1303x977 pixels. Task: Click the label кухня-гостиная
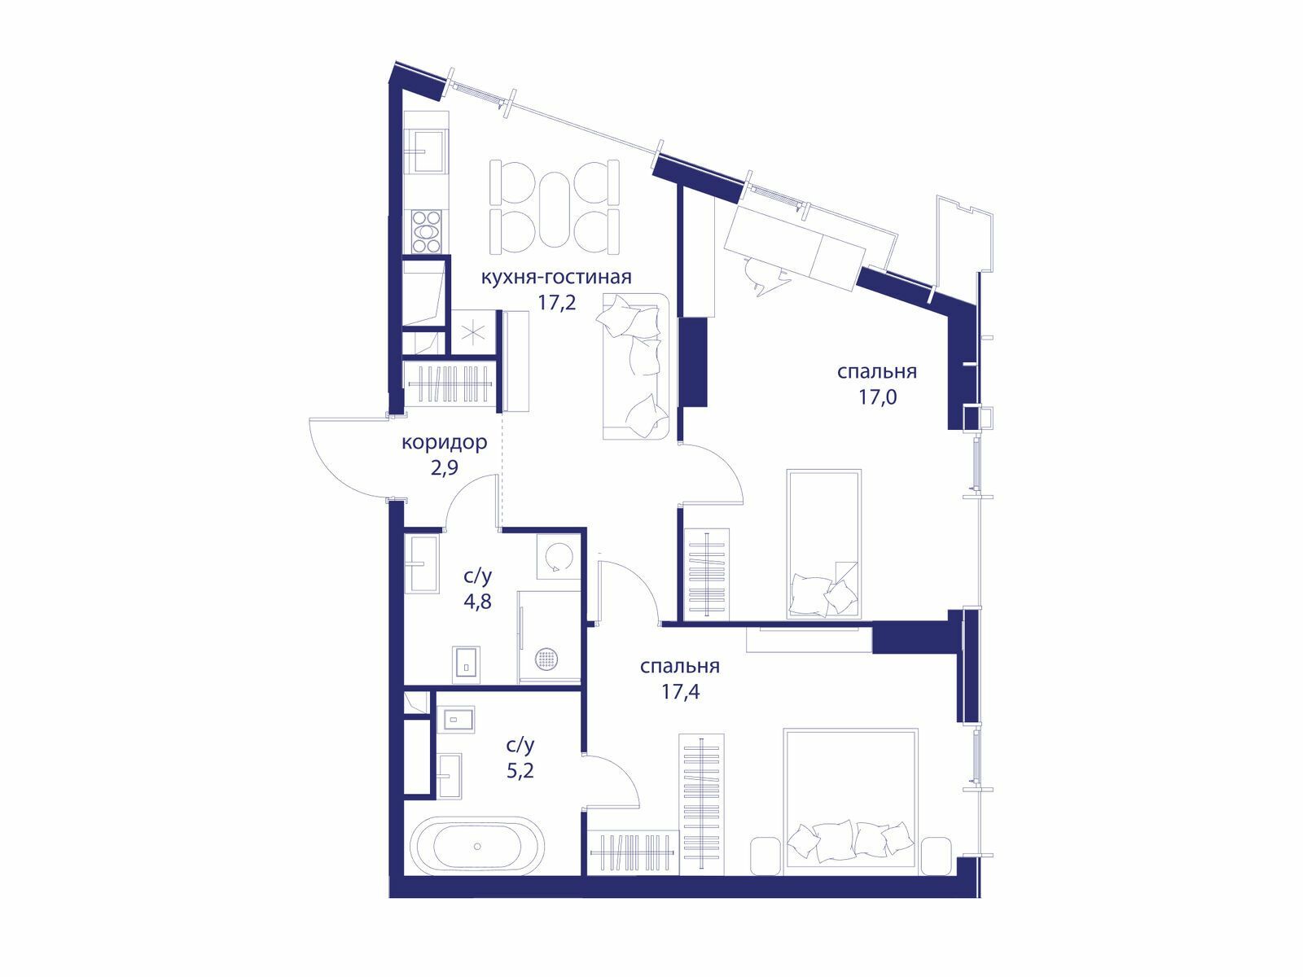[x=555, y=277]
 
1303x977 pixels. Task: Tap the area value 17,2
[x=557, y=303]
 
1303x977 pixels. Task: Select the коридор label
[x=445, y=443]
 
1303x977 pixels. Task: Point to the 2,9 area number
[x=445, y=469]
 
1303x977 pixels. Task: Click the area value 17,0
[x=877, y=396]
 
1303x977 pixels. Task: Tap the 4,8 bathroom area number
[x=478, y=602]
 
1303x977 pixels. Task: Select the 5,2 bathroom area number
[x=520, y=770]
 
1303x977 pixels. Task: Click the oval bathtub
[x=479, y=845]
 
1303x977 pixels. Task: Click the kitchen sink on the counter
[x=428, y=151]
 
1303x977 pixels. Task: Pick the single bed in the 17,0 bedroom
[x=824, y=544]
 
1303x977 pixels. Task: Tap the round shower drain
[x=546, y=658]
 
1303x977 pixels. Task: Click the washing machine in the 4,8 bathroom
[x=559, y=556]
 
